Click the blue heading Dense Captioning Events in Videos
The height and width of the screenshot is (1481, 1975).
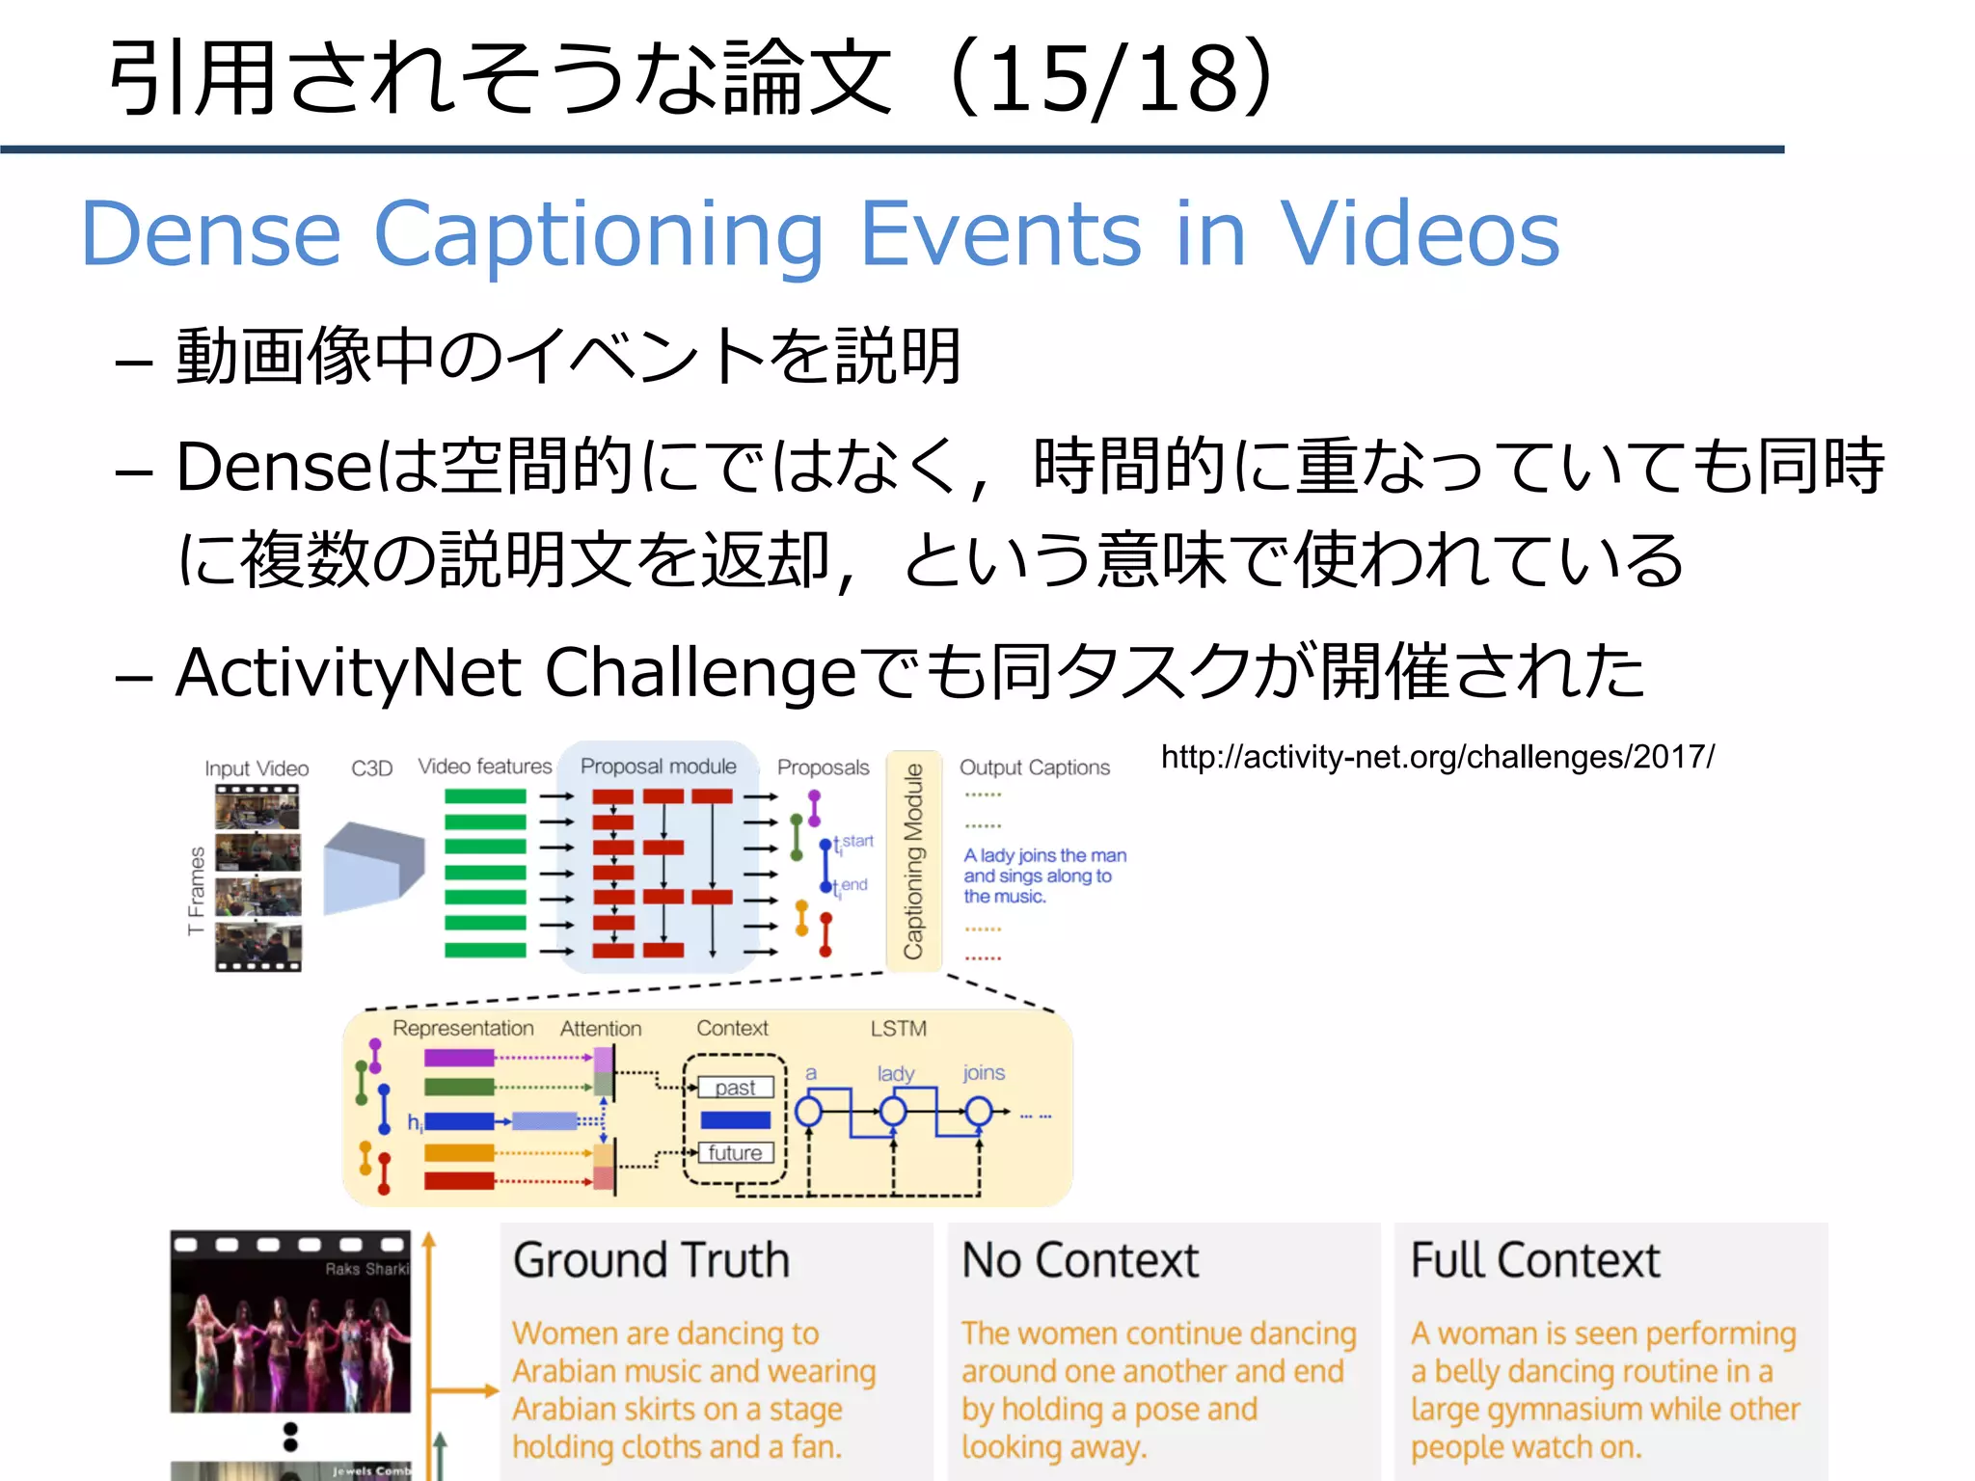[x=820, y=233]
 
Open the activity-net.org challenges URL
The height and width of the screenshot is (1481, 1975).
[x=1437, y=757]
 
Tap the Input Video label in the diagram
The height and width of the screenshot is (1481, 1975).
[x=257, y=768]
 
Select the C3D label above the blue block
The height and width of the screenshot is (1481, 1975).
[x=371, y=768]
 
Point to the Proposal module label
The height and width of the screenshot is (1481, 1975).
[x=658, y=767]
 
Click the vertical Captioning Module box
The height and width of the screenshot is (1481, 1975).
[x=912, y=860]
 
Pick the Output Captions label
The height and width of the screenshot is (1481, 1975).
[x=1034, y=767]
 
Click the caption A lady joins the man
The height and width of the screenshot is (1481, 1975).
[x=1044, y=855]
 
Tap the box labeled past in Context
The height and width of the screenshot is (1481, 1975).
[x=735, y=1088]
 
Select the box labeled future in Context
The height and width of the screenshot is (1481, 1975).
[x=735, y=1153]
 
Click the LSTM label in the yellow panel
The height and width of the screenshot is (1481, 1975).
[x=898, y=1029]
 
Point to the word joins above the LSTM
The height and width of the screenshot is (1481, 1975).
[x=983, y=1073]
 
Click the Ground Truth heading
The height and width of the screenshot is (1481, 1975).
[x=651, y=1260]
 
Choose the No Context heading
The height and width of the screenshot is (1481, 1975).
[x=1080, y=1260]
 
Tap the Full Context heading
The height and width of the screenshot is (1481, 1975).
[x=1535, y=1260]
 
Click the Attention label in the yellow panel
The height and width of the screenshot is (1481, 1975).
[x=600, y=1029]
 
